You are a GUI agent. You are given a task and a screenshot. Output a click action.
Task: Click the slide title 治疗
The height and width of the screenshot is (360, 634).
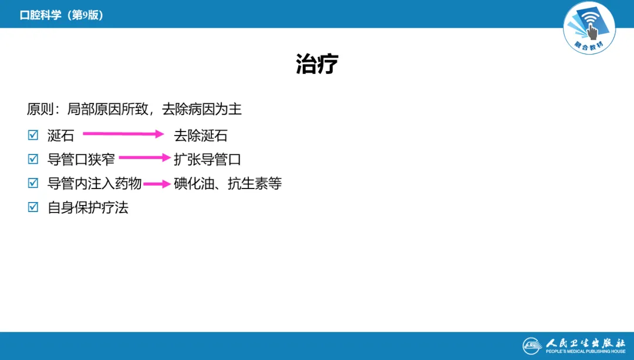click(317, 65)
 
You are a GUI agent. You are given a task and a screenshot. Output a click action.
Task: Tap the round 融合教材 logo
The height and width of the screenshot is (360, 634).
click(589, 28)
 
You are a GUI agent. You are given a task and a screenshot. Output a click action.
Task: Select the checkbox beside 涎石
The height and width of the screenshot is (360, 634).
click(33, 136)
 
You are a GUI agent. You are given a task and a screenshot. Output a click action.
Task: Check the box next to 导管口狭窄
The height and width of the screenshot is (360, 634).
click(33, 159)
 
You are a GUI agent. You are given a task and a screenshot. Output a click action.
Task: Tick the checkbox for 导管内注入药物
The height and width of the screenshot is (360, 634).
click(33, 183)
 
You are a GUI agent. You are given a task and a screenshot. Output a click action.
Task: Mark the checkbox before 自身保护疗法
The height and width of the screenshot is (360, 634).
click(33, 207)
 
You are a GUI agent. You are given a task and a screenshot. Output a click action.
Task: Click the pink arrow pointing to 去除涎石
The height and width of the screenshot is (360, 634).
click(123, 134)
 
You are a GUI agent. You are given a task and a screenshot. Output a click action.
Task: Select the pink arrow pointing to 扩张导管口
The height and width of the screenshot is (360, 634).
click(144, 158)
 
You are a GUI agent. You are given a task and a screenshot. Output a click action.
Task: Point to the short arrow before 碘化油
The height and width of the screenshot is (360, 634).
click(157, 184)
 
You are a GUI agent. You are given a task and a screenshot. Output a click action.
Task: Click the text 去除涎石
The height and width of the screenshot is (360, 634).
click(201, 136)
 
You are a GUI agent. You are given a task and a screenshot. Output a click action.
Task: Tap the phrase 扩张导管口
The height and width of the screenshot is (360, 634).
click(207, 160)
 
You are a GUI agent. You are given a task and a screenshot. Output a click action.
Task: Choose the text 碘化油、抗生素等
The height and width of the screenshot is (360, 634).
click(228, 184)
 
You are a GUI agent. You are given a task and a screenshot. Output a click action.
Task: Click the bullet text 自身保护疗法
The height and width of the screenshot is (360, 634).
click(88, 208)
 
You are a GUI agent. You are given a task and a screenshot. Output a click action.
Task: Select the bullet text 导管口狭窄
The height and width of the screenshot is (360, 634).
click(81, 160)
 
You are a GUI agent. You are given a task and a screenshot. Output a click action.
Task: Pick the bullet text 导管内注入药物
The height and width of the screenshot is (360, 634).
click(95, 184)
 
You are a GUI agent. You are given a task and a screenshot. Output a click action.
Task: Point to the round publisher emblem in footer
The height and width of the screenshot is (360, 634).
click(532, 346)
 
